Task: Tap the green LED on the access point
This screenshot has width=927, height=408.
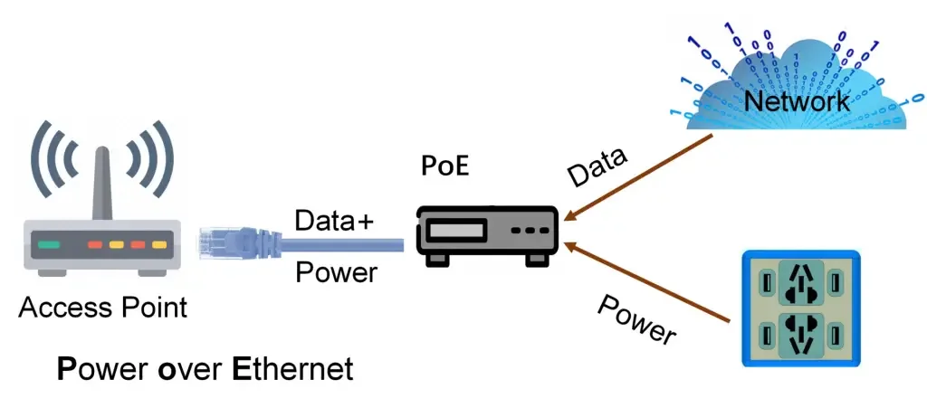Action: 49,244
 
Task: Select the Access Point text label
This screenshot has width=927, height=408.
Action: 102,308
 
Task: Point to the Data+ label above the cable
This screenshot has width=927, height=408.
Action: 334,221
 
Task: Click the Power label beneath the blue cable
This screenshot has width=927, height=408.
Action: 336,271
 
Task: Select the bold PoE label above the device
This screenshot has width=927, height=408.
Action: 447,168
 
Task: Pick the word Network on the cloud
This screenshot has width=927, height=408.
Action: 797,100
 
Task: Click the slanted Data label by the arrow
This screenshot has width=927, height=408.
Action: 597,169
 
